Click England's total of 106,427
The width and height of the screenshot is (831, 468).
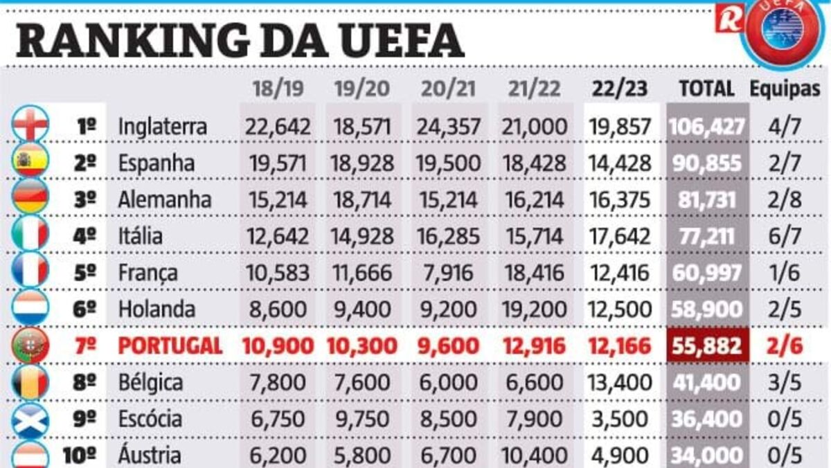[707, 127]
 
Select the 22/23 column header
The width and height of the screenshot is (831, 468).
[620, 89]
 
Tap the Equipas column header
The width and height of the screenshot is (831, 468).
[785, 89]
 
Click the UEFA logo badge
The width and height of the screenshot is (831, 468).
[783, 31]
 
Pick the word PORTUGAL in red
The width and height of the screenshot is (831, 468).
[170, 345]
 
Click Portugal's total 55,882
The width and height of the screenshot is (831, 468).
[707, 345]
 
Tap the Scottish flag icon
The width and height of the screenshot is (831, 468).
[30, 418]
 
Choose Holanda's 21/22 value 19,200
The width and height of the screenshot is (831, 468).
[534, 309]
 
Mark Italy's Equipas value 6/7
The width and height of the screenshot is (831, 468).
[785, 236]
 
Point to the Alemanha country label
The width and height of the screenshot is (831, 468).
[164, 200]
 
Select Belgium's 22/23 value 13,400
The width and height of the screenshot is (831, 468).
[620, 382]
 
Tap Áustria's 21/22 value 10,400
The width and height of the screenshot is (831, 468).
[534, 455]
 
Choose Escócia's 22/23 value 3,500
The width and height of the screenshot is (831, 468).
[620, 418]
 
